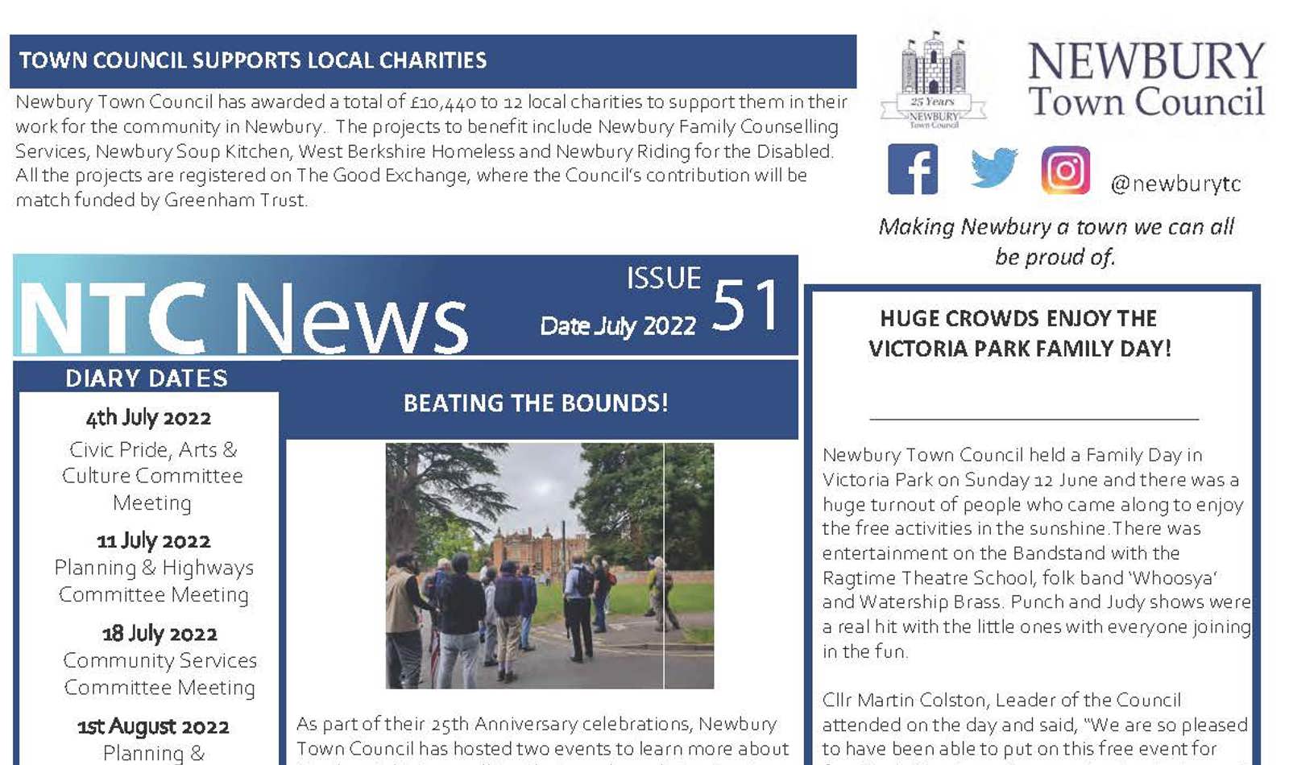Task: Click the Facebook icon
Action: pos(912,169)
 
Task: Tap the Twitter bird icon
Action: pos(993,168)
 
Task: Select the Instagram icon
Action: pos(1065,170)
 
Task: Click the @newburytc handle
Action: pos(1175,184)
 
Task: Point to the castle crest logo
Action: pos(933,80)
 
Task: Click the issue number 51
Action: pos(746,305)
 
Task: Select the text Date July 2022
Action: pos(617,326)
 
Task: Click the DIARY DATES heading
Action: pos(147,378)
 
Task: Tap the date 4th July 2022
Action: pos(148,418)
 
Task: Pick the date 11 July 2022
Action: pos(153,540)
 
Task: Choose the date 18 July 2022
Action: pos(160,634)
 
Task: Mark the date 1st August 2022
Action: pos(153,726)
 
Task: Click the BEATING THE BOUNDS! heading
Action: pos(536,403)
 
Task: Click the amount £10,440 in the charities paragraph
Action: pos(442,102)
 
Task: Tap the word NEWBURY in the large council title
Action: pos(1146,61)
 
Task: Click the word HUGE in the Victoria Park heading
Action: pos(909,319)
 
